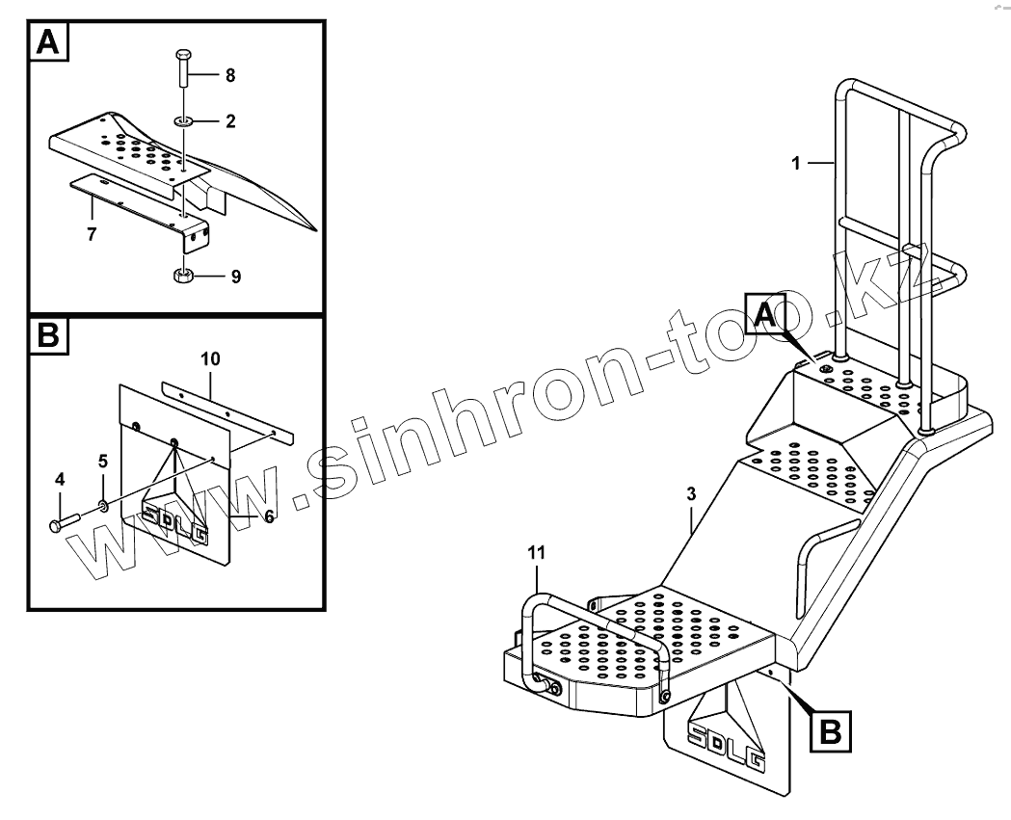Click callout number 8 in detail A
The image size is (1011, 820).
click(230, 74)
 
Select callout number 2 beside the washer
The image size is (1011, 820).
click(230, 121)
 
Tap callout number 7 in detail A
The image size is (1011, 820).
click(92, 233)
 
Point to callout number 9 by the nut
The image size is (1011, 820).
click(235, 277)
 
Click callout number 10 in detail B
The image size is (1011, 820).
click(210, 359)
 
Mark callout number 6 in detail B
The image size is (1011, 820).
click(269, 516)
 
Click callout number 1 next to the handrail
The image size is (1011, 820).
click(796, 164)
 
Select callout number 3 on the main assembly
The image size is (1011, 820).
click(691, 494)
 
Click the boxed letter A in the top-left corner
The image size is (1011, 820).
click(50, 42)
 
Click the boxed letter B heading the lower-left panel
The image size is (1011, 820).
click(50, 337)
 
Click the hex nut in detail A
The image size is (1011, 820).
click(184, 276)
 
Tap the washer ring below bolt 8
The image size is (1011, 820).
click(183, 121)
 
